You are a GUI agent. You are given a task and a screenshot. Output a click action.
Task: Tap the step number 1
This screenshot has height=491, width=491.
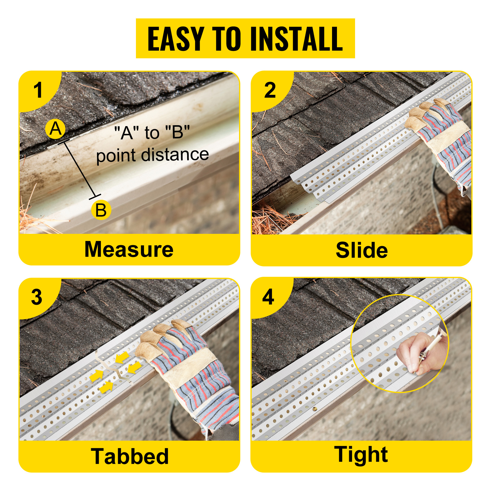[x=38, y=90]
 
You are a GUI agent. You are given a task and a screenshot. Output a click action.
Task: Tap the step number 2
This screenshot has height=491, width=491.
[x=270, y=90]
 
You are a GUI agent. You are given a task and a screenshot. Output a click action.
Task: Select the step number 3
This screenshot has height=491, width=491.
[x=37, y=297]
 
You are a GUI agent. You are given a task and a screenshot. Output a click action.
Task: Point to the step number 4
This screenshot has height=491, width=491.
[x=268, y=297]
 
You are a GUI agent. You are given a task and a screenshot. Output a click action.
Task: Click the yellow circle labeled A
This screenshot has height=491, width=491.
[x=56, y=129]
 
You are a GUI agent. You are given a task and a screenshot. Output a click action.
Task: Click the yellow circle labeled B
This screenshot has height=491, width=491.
[x=101, y=210]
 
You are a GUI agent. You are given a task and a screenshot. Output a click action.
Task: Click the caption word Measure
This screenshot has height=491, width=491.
[x=129, y=249]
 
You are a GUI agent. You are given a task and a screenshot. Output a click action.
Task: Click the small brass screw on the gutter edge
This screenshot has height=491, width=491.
[x=314, y=409]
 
